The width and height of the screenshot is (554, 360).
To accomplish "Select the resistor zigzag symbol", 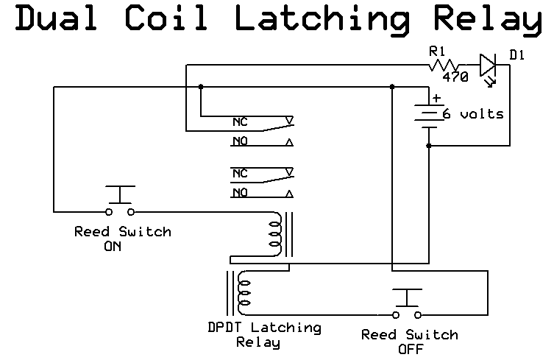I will tap(447, 66).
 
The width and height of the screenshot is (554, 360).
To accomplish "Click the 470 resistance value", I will tap(455, 77).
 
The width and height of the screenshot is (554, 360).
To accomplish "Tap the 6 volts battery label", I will tap(472, 113).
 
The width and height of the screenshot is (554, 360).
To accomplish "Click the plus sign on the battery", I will tap(437, 97).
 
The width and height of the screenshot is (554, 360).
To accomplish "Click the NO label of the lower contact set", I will tap(240, 193).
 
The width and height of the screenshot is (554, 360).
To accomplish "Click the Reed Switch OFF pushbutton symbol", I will tap(406, 303).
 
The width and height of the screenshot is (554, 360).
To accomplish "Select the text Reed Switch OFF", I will tap(409, 341).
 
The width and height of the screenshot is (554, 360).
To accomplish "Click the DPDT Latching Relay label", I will tap(264, 334).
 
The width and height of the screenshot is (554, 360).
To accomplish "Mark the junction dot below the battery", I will tap(427, 146).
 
